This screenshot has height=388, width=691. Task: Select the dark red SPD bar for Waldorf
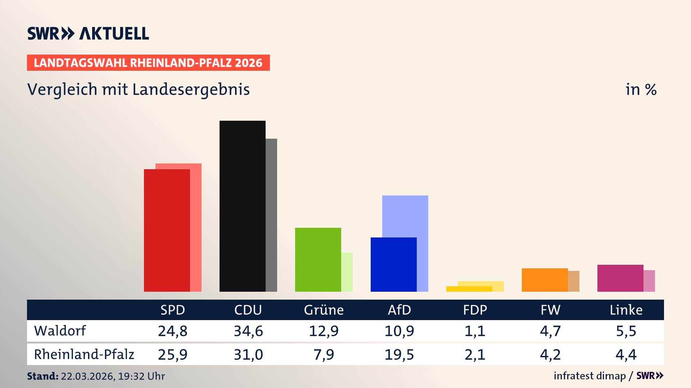click(x=167, y=230)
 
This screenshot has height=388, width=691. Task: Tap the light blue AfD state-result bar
click(x=405, y=216)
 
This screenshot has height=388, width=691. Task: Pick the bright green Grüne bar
click(x=318, y=259)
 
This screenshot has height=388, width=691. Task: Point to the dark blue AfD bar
click(x=393, y=264)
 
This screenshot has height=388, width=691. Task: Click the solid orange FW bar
click(x=545, y=280)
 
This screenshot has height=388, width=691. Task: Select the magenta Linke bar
click(x=620, y=278)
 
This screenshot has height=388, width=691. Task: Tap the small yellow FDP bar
click(x=469, y=289)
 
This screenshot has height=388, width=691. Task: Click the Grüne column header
click(x=324, y=310)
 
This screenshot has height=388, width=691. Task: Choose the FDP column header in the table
click(x=475, y=310)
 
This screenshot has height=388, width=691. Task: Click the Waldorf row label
click(x=60, y=331)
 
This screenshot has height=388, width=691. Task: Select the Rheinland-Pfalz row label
click(x=84, y=355)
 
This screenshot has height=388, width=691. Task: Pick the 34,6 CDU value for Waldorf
click(x=248, y=331)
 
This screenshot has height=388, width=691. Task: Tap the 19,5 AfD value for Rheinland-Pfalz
click(x=399, y=355)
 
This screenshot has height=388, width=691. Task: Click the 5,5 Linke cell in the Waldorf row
click(x=626, y=331)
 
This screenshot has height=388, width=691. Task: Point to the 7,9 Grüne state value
click(x=324, y=355)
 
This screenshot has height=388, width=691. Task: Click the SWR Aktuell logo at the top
click(x=88, y=33)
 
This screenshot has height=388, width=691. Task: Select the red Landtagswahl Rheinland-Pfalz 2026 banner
click(x=148, y=63)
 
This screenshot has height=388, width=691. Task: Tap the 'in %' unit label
click(x=641, y=89)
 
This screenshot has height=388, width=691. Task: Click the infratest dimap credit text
click(x=590, y=376)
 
